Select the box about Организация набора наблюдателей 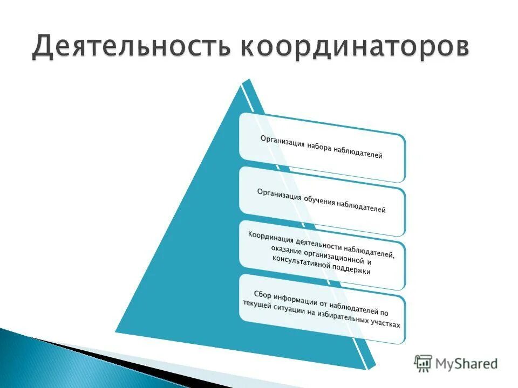click(x=322, y=147)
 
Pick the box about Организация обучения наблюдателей click(x=322, y=201)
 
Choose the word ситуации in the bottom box click(x=299, y=311)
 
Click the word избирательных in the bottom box click(x=346, y=318)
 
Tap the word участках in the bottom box click(x=386, y=324)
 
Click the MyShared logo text click(x=468, y=364)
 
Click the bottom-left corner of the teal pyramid click(x=115, y=330)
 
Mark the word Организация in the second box click(x=278, y=195)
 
